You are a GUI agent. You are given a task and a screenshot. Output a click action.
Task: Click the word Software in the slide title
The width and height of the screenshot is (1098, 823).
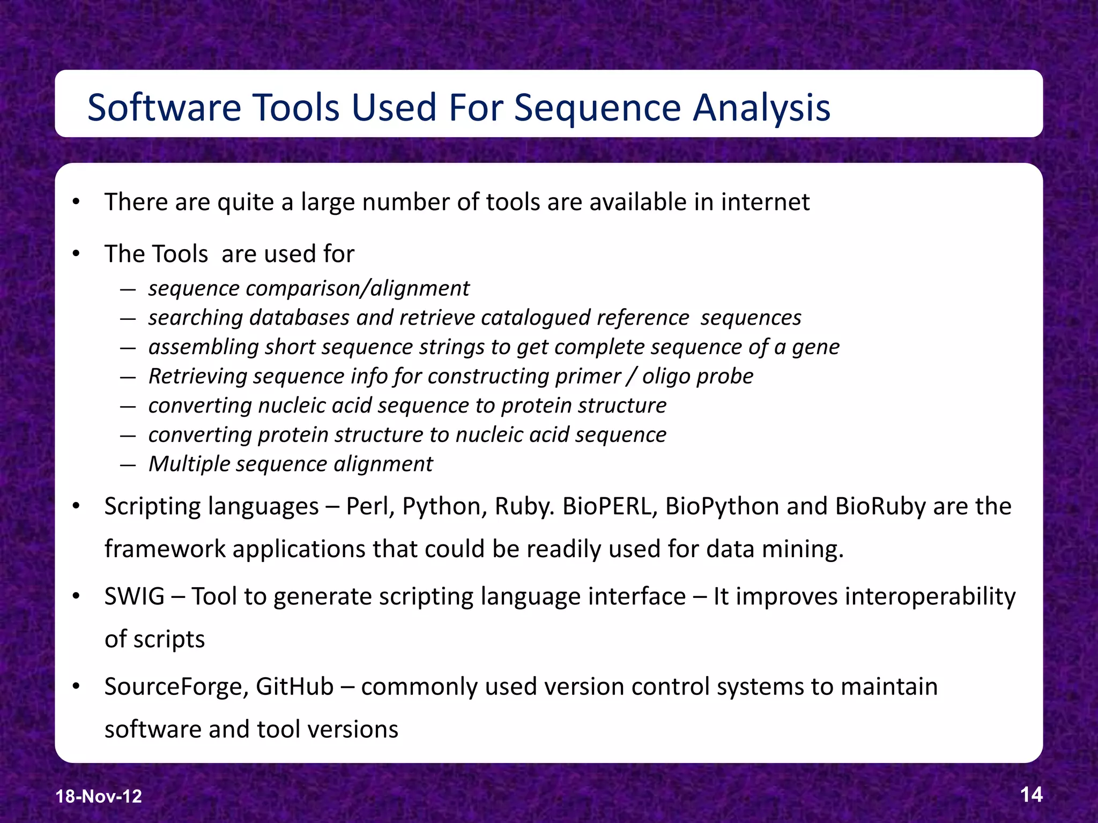click(x=164, y=107)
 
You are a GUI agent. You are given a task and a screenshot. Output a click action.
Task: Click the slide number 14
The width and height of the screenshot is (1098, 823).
click(x=1031, y=794)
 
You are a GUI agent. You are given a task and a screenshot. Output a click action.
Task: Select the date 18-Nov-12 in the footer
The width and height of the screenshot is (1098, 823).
click(x=99, y=796)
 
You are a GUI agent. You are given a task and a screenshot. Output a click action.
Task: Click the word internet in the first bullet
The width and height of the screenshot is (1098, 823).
click(x=765, y=202)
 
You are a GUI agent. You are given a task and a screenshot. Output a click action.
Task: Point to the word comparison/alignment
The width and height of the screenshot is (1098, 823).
click(x=358, y=289)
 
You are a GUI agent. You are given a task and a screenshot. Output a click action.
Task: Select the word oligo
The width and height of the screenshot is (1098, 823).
click(x=665, y=376)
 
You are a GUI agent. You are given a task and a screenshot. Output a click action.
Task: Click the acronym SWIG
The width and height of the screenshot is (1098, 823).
click(x=135, y=596)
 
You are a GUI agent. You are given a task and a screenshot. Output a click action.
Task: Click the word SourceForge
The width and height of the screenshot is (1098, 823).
click(x=176, y=687)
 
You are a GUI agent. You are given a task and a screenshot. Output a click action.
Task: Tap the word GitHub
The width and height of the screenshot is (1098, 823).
click(x=294, y=686)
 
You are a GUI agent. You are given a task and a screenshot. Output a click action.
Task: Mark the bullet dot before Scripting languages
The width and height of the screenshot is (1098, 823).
click(x=76, y=506)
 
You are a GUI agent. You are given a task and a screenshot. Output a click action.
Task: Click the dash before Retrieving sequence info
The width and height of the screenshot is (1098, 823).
click(x=128, y=377)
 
